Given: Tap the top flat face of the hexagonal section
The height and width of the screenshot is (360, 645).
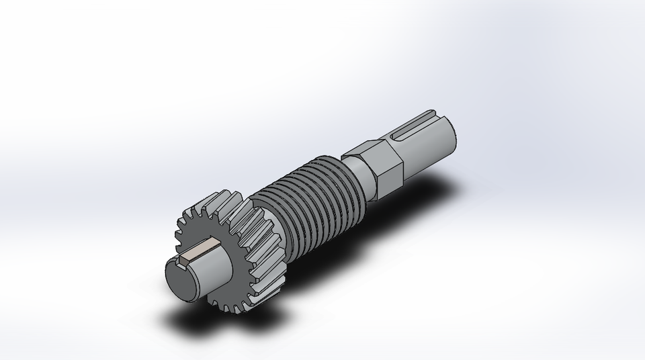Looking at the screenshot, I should pos(373,148).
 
